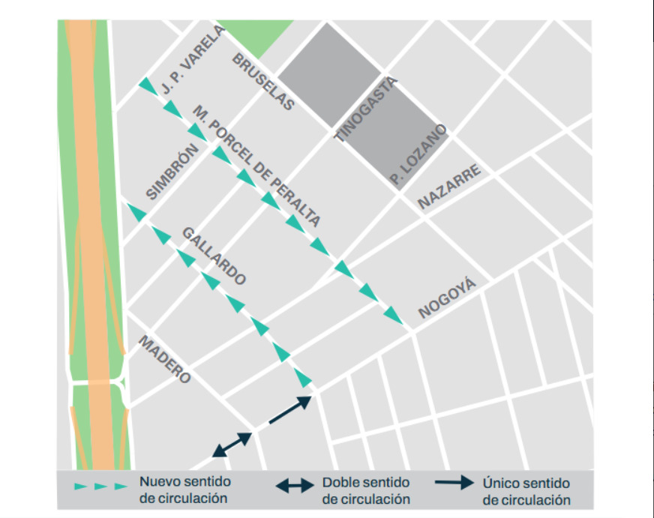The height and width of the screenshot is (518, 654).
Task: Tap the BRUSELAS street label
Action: point(262,82)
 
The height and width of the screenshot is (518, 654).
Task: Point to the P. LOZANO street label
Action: point(418,155)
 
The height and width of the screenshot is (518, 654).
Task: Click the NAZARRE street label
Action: point(448,187)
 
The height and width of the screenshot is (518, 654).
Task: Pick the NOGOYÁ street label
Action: point(447,299)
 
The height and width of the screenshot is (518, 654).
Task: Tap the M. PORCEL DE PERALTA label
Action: point(256,166)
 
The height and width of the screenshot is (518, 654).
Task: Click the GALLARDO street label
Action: point(214,256)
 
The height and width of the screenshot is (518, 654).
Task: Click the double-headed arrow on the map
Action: point(232,445)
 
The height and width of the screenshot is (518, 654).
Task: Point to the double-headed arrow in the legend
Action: point(295,486)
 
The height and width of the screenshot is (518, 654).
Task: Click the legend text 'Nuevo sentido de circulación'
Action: point(184,489)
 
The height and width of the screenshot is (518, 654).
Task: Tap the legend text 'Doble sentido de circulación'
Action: point(366,490)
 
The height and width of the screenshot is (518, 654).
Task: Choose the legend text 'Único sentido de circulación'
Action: point(526,492)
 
